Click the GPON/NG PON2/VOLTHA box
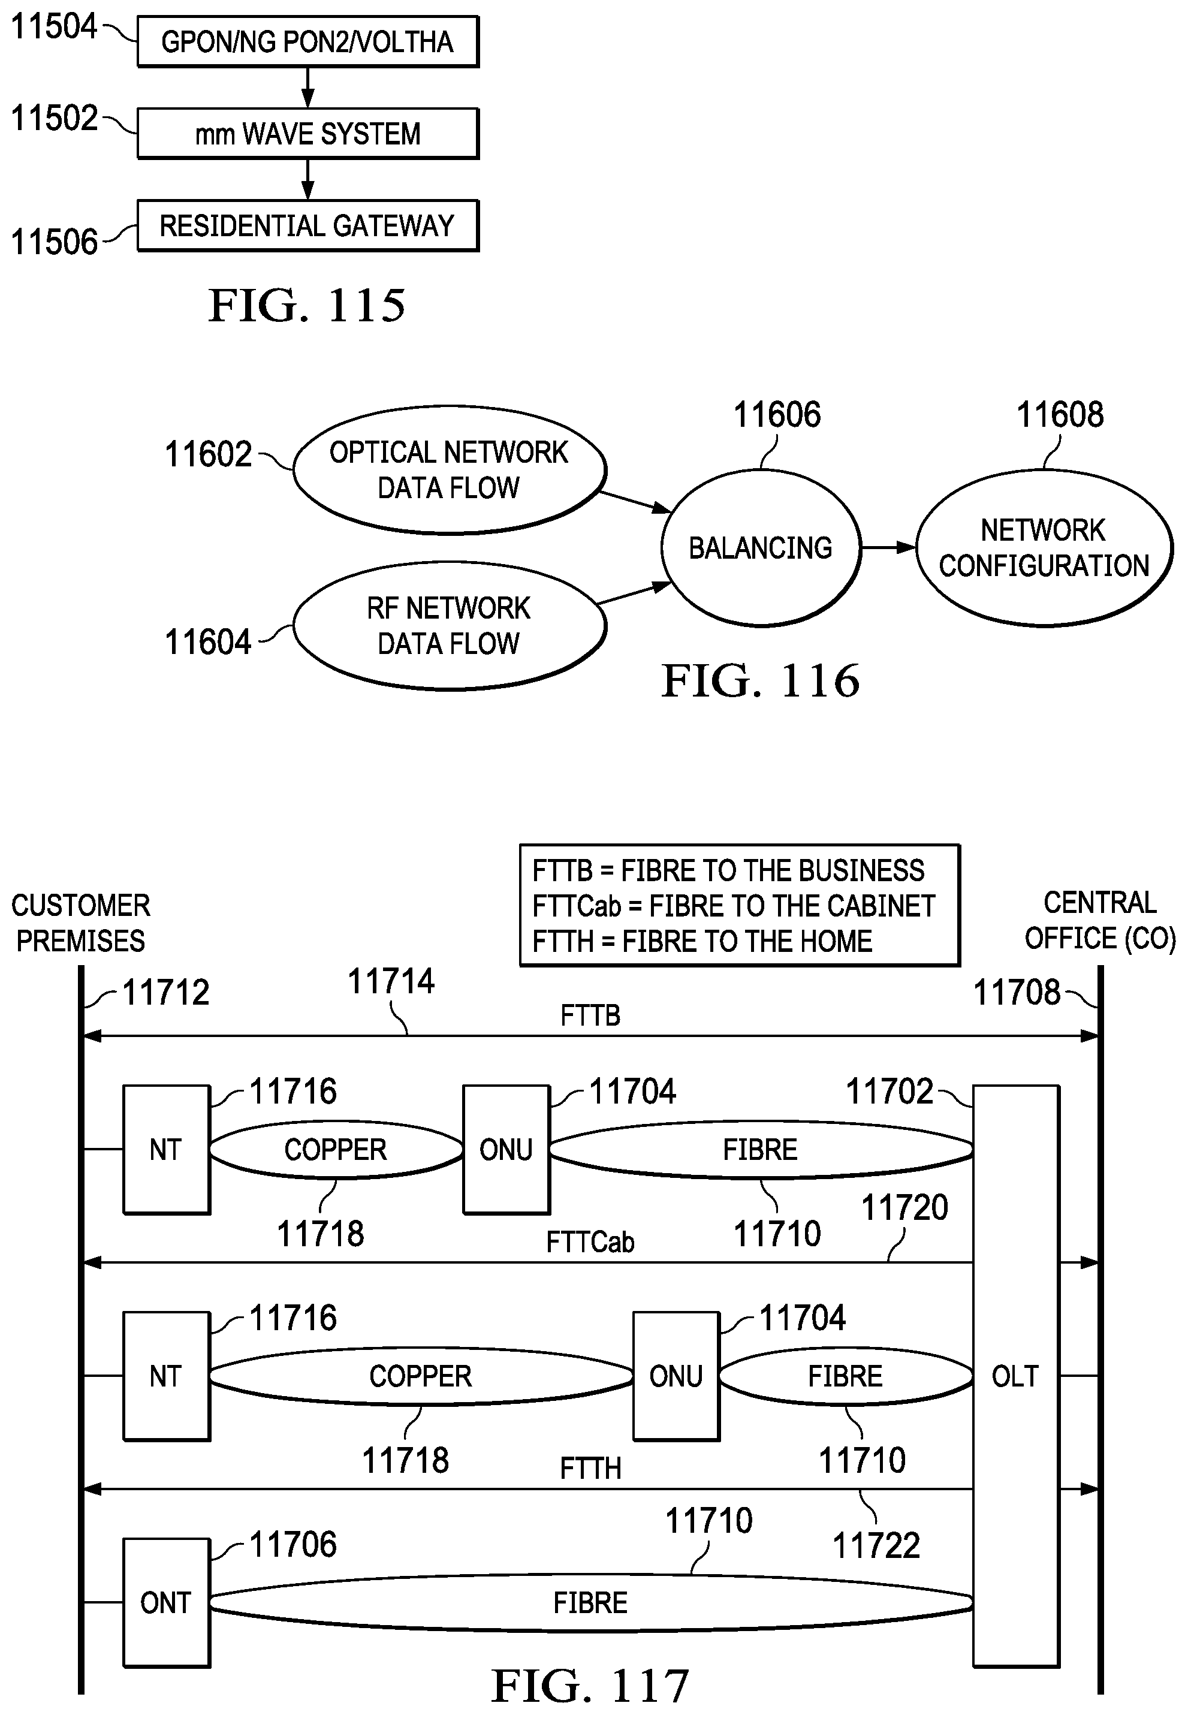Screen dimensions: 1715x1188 pyautogui.click(x=307, y=42)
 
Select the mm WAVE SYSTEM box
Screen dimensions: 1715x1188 pyautogui.click(x=307, y=134)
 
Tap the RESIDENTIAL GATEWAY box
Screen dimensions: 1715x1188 pyautogui.click(x=307, y=225)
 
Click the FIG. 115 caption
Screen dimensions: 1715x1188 pyautogui.click(x=307, y=305)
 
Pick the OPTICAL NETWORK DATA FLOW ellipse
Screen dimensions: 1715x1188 pyautogui.click(x=449, y=470)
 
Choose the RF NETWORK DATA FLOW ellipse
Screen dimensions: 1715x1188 pyautogui.click(x=449, y=625)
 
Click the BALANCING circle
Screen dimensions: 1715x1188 pyautogui.click(x=760, y=548)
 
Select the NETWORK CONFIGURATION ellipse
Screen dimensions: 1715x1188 pyautogui.click(x=1044, y=548)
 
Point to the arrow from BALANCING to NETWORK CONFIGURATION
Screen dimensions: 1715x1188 pyautogui.click(x=888, y=548)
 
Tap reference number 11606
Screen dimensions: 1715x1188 pyautogui.click(x=777, y=415)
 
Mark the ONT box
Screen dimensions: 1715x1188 pyautogui.click(x=166, y=1602)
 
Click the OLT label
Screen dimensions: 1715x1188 pyautogui.click(x=1015, y=1376)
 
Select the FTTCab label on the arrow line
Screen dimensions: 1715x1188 pyautogui.click(x=590, y=1242)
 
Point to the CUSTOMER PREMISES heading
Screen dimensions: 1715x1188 pyautogui.click(x=80, y=923)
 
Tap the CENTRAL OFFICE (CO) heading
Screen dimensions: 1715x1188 pyautogui.click(x=1100, y=921)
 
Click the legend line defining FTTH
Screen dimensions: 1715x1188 pyautogui.click(x=702, y=942)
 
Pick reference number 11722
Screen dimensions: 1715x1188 pyautogui.click(x=876, y=1546)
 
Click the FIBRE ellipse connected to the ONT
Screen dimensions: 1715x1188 pyautogui.click(x=590, y=1602)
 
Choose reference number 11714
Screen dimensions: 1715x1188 pyautogui.click(x=391, y=981)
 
